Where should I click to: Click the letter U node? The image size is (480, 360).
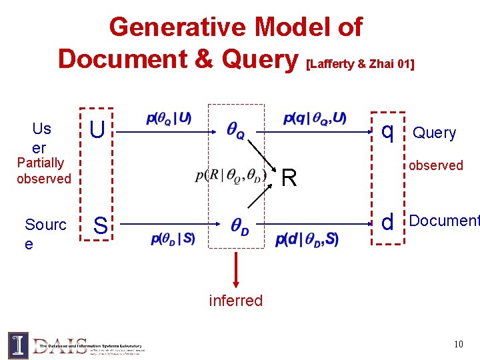pos(97,130)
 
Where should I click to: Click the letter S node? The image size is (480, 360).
pos(100,225)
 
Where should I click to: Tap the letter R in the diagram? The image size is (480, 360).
pos(289,177)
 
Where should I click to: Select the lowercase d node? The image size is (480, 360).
pos(387,222)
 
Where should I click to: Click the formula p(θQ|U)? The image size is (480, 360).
pos(169,119)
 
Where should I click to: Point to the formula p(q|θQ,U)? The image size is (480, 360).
pos(315,119)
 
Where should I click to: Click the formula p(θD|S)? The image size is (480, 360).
pos(173,239)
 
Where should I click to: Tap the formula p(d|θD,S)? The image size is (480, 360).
pos(307,239)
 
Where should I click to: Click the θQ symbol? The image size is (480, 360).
pos(235,131)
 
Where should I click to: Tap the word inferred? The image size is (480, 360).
pos(236,301)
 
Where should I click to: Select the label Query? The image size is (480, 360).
pos(435,133)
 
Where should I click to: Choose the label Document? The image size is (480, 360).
pos(444,221)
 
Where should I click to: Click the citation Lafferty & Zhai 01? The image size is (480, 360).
pos(359,64)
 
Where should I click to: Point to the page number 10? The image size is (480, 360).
pos(458,344)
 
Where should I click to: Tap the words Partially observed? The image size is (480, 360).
pos(44,171)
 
